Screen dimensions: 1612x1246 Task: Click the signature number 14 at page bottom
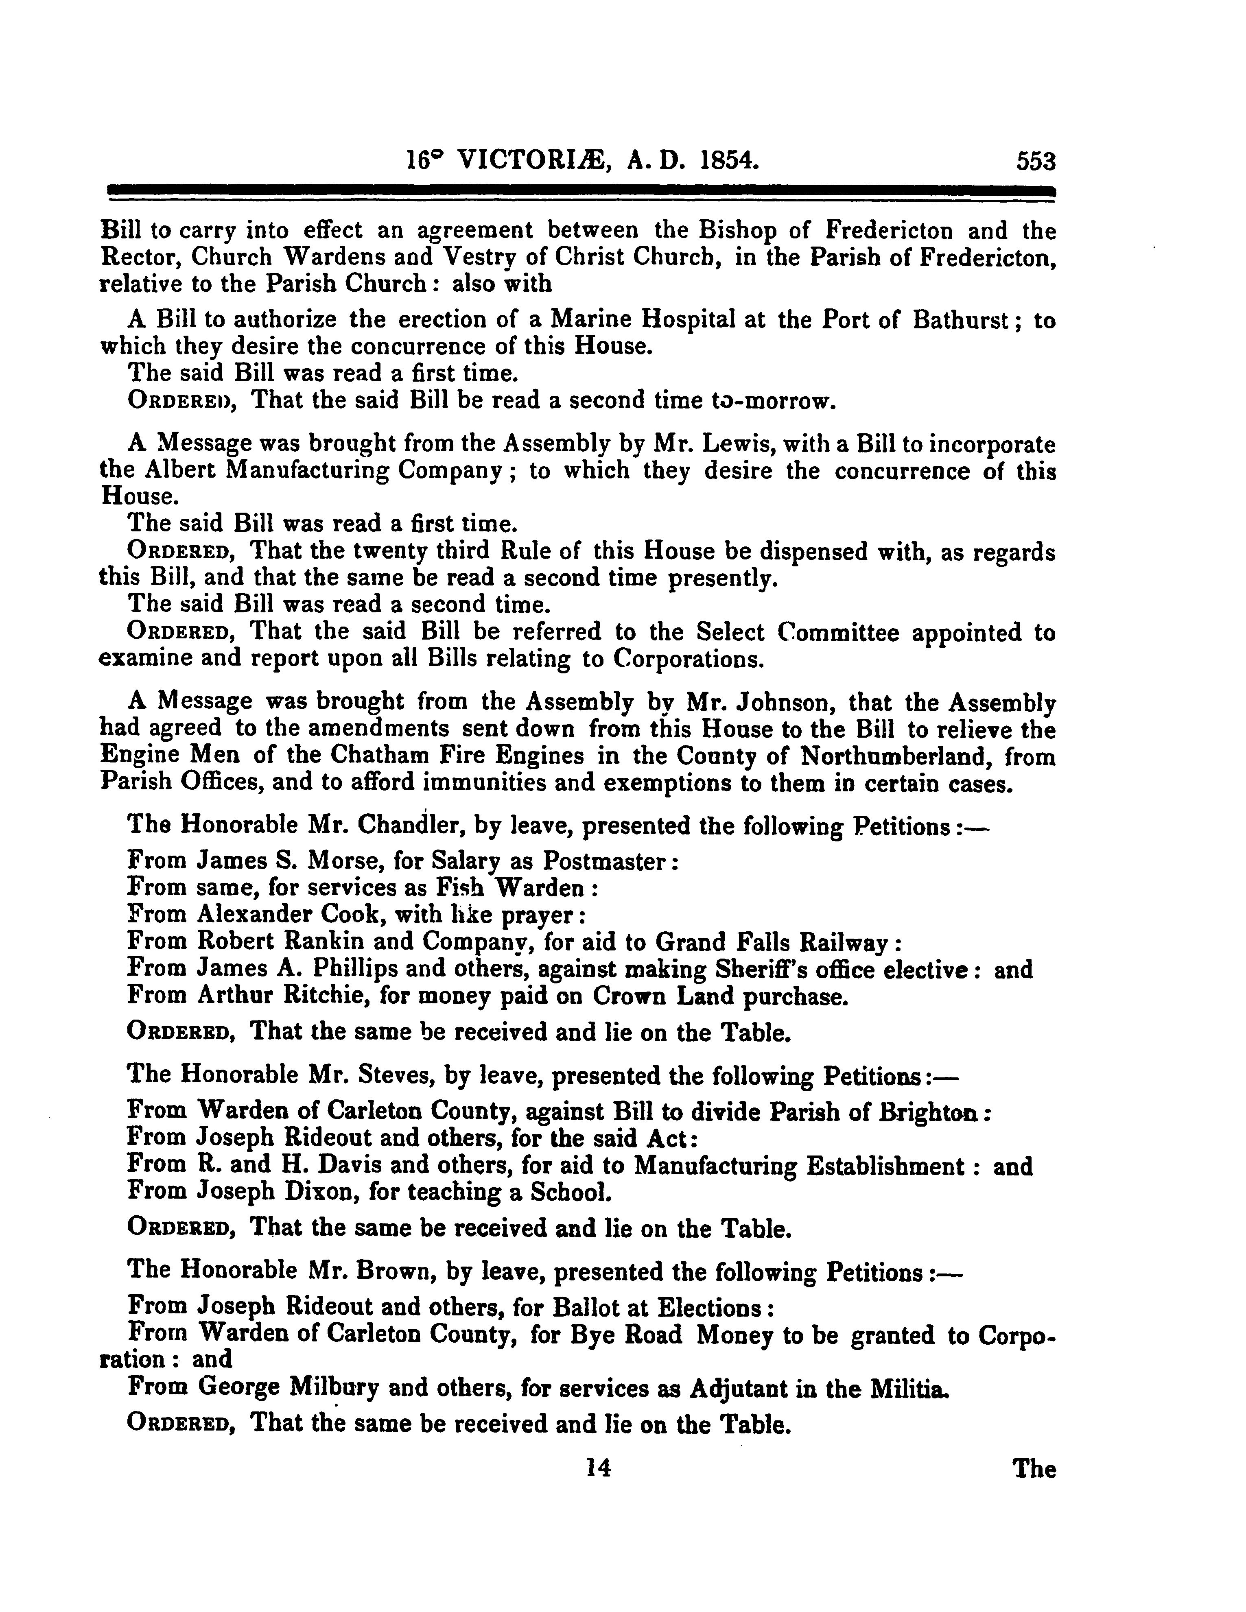point(598,1469)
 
